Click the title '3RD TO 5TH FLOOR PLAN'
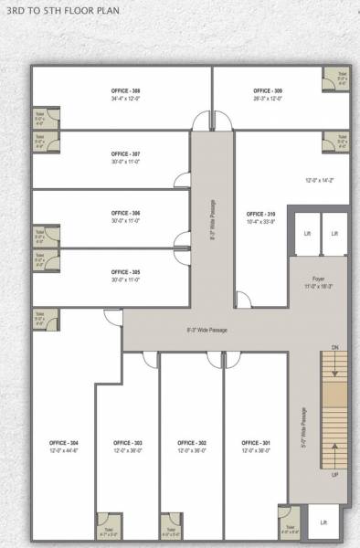pos(57,16)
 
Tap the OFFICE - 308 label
pos(123,91)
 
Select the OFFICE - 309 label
pos(267,91)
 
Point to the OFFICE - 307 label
pos(125,154)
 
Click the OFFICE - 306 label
pos(125,213)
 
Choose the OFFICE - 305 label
pos(125,272)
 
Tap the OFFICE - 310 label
pos(260,214)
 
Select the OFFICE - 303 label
pos(126,442)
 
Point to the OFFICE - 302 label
pos(191,442)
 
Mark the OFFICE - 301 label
pos(255,442)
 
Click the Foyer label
pos(317,279)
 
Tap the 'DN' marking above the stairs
pos(335,348)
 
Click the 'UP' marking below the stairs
pos(335,475)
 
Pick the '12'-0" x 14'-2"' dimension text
pos(320,180)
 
